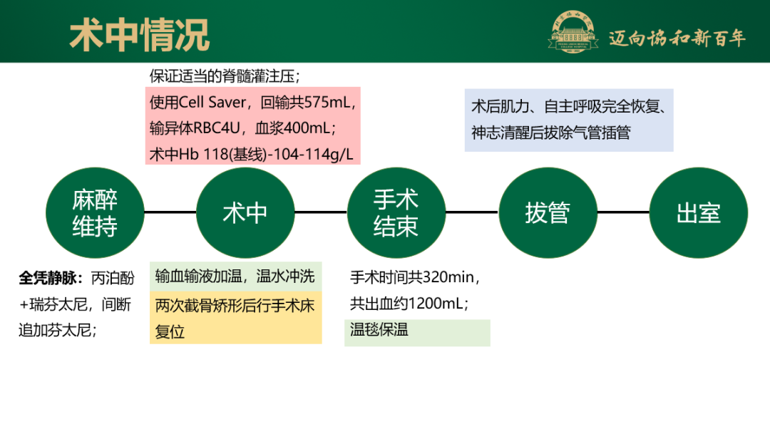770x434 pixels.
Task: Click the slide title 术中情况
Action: pyautogui.click(x=140, y=34)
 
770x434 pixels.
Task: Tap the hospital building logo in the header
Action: pyautogui.click(x=573, y=34)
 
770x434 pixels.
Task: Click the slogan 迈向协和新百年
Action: pyautogui.click(x=677, y=38)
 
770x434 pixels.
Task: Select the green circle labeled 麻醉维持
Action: pyautogui.click(x=95, y=212)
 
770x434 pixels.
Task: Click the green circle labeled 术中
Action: pyautogui.click(x=245, y=212)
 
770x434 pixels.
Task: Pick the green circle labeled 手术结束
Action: pyautogui.click(x=396, y=212)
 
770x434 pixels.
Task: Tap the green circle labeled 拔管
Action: pyautogui.click(x=548, y=212)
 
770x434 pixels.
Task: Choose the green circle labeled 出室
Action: pyautogui.click(x=699, y=212)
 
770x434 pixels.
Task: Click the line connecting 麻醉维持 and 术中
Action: pyautogui.click(x=170, y=212)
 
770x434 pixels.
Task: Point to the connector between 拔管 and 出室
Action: pyautogui.click(x=623, y=212)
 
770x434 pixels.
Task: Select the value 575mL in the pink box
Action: pyautogui.click(x=328, y=103)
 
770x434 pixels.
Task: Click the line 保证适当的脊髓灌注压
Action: pyautogui.click(x=225, y=76)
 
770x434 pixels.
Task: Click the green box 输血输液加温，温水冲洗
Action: pyautogui.click(x=235, y=277)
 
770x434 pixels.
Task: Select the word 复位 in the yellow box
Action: pyautogui.click(x=170, y=331)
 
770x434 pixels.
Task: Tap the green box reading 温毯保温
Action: pyautogui.click(x=379, y=329)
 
